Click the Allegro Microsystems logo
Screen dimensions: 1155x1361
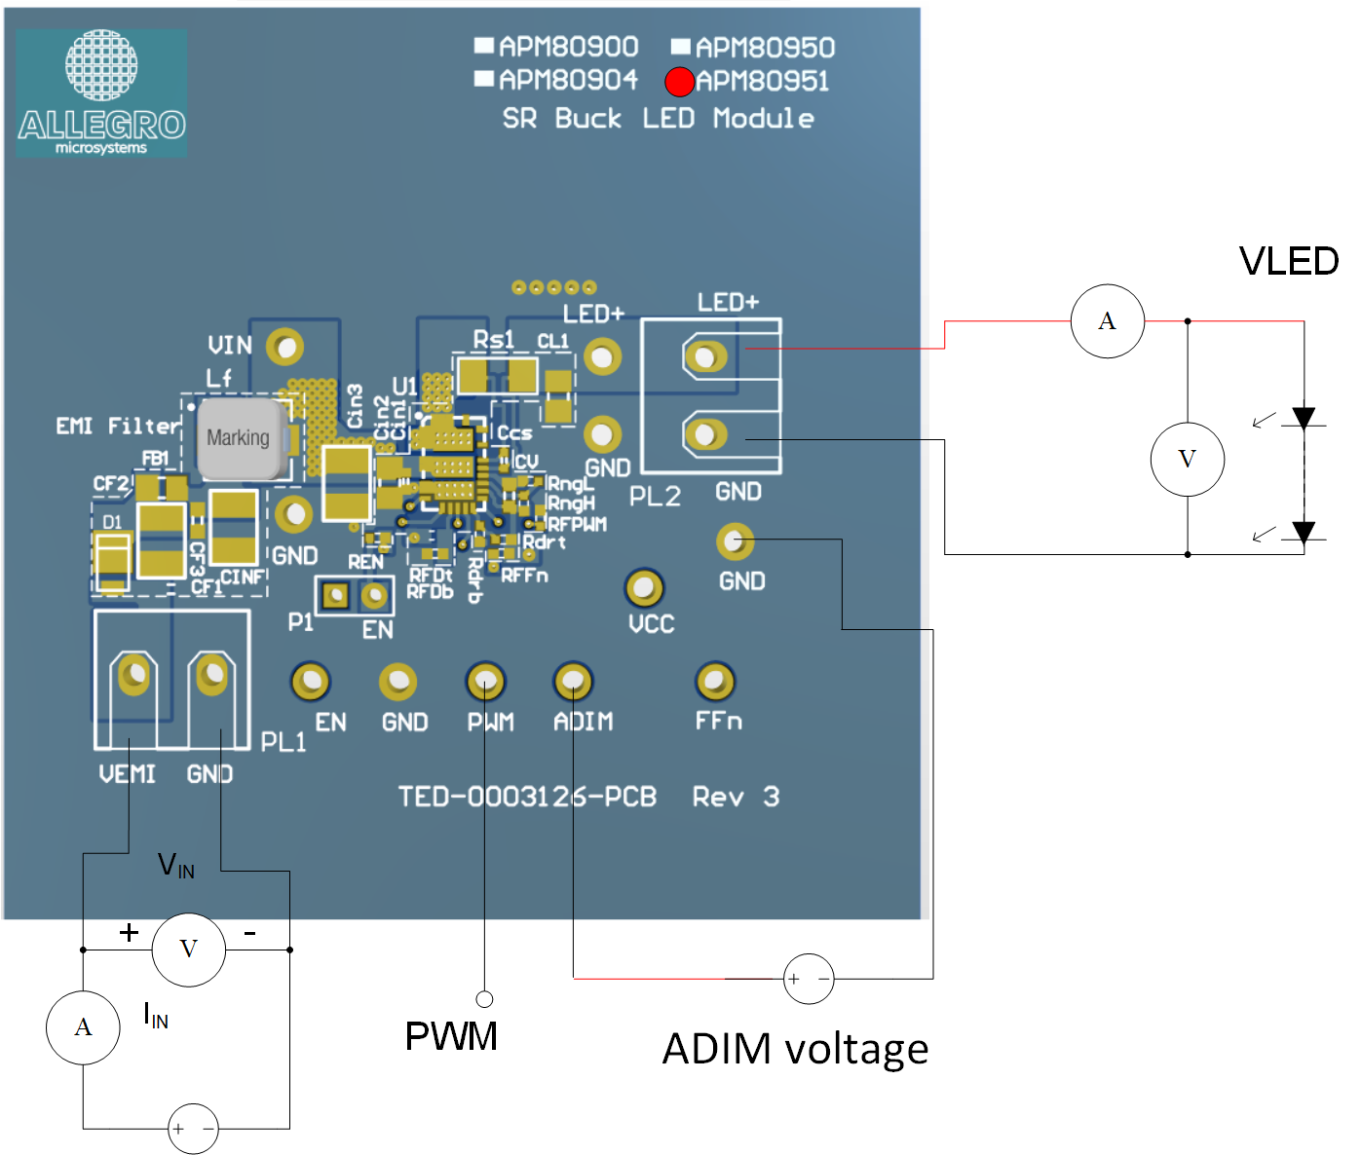coord(101,93)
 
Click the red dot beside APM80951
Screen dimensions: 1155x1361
coord(679,82)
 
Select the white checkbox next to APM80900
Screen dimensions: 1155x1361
coord(484,45)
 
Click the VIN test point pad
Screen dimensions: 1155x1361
coord(285,347)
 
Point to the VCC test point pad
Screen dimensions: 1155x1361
coord(644,587)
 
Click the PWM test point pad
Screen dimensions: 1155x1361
coord(485,682)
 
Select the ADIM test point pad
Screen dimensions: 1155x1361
coord(573,682)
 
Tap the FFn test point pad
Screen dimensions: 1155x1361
coord(715,682)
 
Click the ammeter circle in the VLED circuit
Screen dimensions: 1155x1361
coord(1107,321)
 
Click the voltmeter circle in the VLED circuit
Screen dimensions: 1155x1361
coord(1187,459)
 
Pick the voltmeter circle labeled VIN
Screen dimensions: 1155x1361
coord(188,950)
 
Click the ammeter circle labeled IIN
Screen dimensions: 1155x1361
coord(83,1027)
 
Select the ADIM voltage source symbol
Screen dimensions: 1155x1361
coord(809,979)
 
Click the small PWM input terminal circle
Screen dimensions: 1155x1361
coord(484,999)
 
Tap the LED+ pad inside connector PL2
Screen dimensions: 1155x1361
coord(705,356)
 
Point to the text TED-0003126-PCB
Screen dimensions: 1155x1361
coord(527,798)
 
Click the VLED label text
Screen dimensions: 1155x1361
coord(1288,261)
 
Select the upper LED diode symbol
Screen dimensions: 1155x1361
coord(1304,419)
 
